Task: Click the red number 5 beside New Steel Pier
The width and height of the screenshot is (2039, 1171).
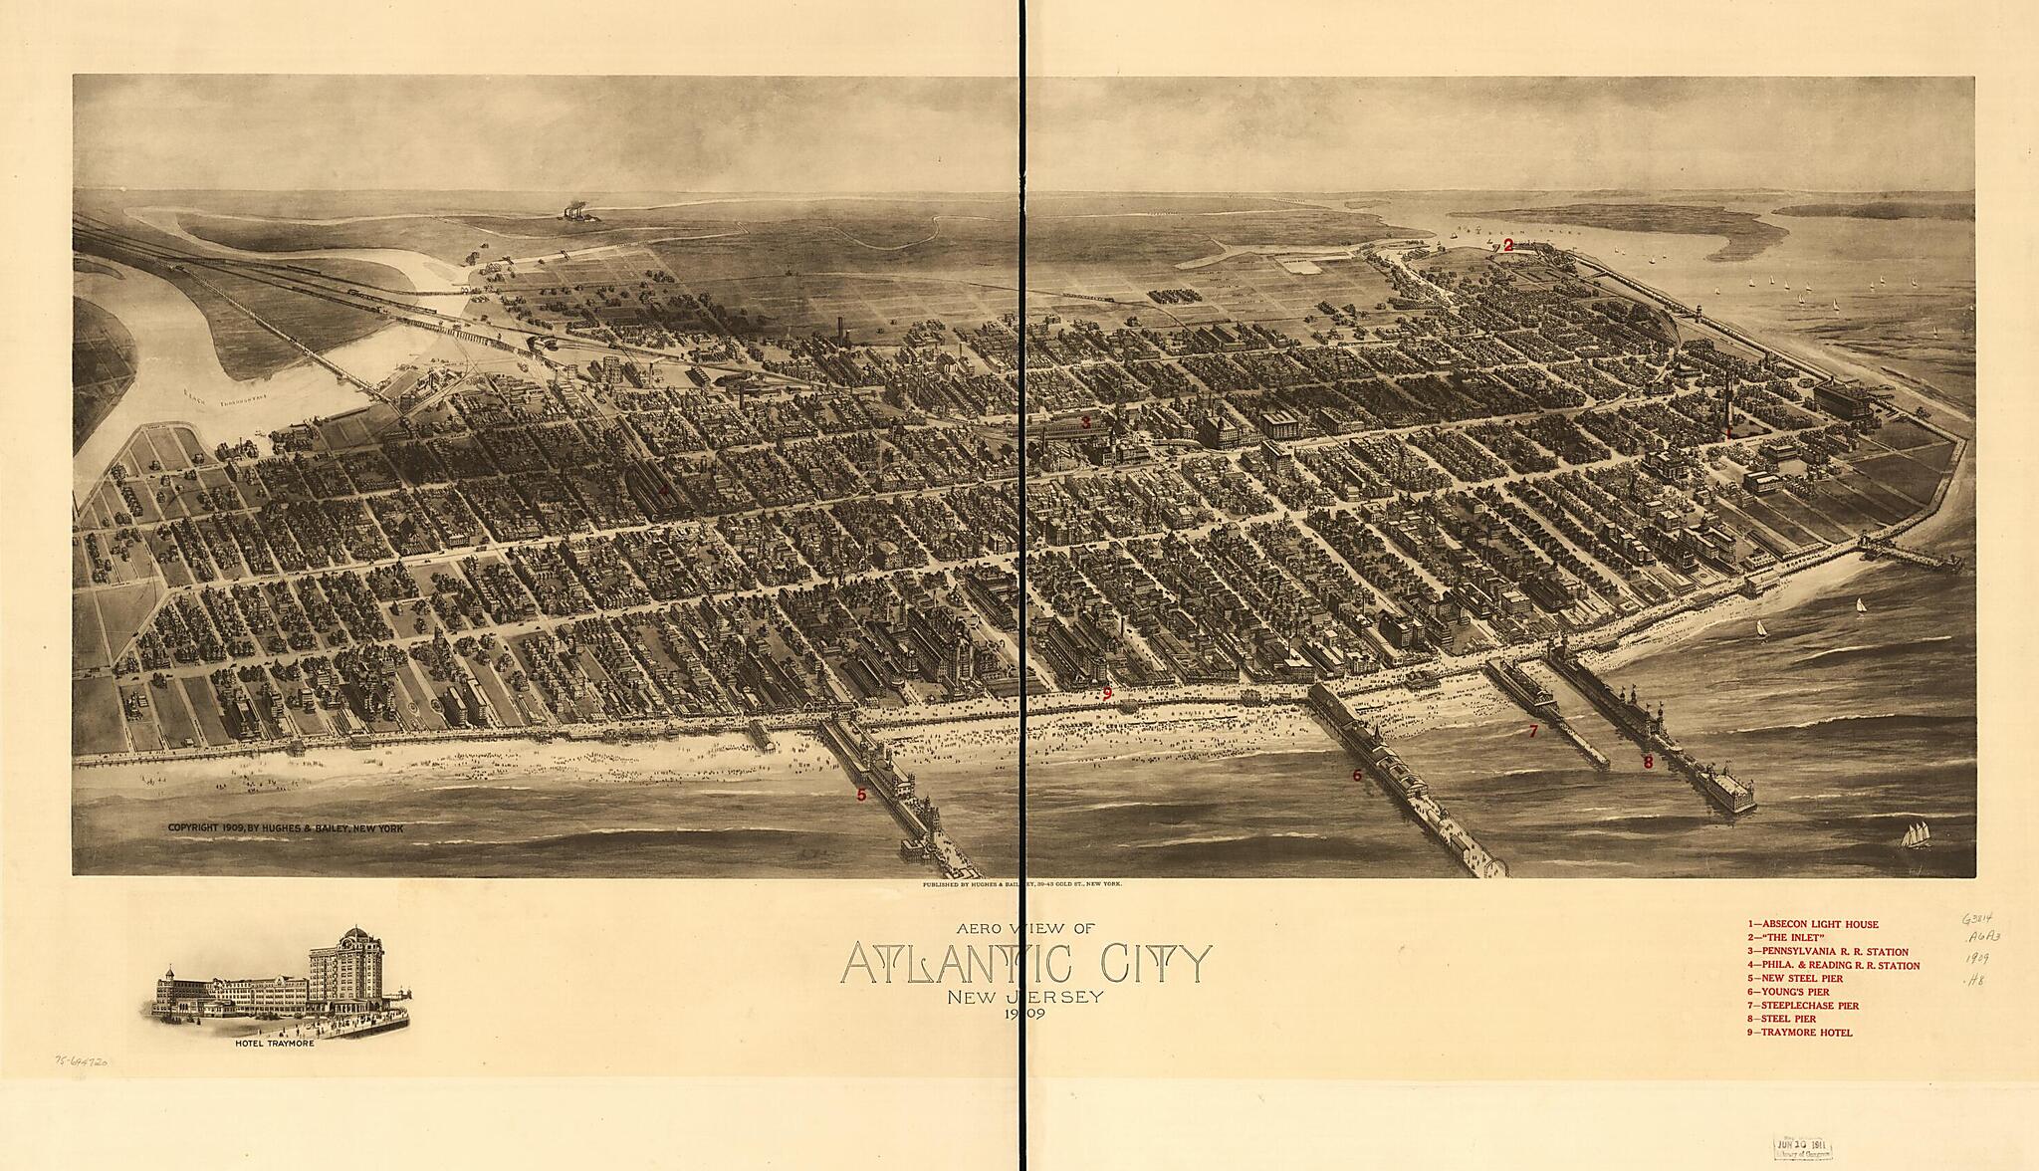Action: pyautogui.click(x=861, y=795)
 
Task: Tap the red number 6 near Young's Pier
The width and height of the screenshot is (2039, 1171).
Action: pyautogui.click(x=1356, y=775)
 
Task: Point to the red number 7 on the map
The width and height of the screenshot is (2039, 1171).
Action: pyautogui.click(x=1533, y=732)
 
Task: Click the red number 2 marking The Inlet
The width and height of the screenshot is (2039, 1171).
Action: pyautogui.click(x=1508, y=245)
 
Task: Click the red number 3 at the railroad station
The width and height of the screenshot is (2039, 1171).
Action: pyautogui.click(x=1086, y=422)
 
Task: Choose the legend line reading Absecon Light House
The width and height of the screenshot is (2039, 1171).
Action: pyautogui.click(x=1812, y=925)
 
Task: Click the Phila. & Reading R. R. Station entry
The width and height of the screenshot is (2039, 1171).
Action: pyautogui.click(x=1833, y=966)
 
